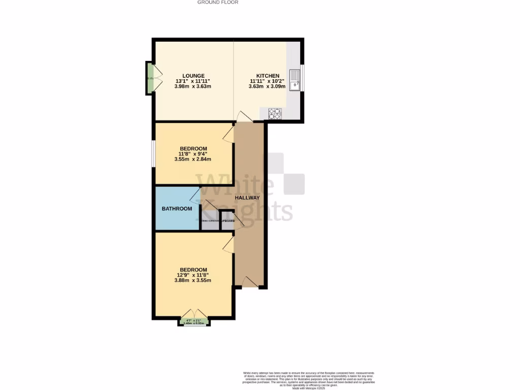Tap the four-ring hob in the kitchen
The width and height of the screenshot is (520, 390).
pyautogui.click(x=275, y=114)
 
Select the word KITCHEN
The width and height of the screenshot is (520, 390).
pyautogui.click(x=268, y=76)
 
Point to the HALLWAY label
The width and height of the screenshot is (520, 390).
pyautogui.click(x=247, y=198)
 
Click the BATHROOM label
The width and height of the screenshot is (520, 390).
pyautogui.click(x=177, y=209)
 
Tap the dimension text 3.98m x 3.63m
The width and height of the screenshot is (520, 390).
pyautogui.click(x=193, y=87)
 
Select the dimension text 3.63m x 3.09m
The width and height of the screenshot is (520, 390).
pyautogui.click(x=268, y=87)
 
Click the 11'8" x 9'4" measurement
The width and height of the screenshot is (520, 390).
pyautogui.click(x=193, y=153)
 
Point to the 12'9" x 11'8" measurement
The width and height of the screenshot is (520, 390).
pyautogui.click(x=193, y=275)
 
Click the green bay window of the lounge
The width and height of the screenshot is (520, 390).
pyautogui.click(x=150, y=78)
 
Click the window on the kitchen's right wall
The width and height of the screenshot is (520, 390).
pyautogui.click(x=302, y=78)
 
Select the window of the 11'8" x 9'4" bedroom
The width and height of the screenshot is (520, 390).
pyautogui.click(x=153, y=153)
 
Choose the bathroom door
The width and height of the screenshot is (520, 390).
pyautogui.click(x=196, y=196)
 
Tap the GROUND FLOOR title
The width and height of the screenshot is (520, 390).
pyautogui.click(x=217, y=3)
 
